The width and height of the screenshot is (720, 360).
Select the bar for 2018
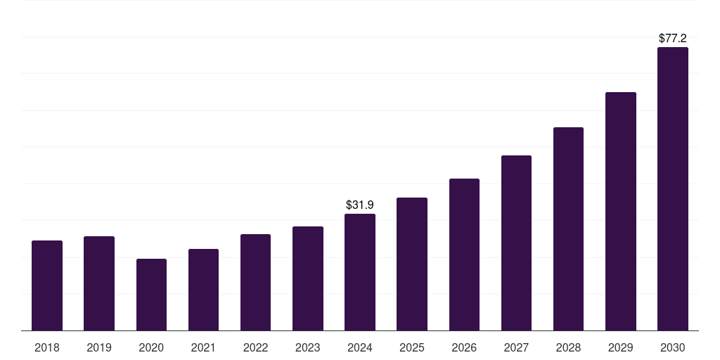[x=47, y=285]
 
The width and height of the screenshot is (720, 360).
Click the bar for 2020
[x=151, y=295]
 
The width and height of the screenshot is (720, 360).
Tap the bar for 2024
[x=360, y=272]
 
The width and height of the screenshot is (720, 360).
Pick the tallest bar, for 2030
[x=673, y=189]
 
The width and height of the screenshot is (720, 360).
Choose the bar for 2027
[x=516, y=243]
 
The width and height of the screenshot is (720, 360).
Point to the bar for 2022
[x=255, y=282]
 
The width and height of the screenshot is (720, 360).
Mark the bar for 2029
[x=621, y=211]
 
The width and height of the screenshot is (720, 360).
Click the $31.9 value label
[x=360, y=205]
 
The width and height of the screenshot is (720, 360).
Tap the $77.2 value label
[x=673, y=39]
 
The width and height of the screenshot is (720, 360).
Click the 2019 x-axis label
[x=99, y=347]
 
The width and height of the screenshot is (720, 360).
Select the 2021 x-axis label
[x=203, y=347]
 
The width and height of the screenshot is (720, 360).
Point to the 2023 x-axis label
[x=308, y=347]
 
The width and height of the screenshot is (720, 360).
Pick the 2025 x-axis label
[x=412, y=347]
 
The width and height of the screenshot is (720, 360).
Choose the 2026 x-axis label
[x=464, y=347]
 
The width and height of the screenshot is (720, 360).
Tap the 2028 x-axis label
[x=568, y=347]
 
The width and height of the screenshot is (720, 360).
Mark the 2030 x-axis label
[x=673, y=347]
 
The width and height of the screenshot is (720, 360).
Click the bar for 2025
[x=412, y=264]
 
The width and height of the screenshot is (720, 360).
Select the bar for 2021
[x=203, y=290]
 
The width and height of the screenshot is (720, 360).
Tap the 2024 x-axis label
[x=360, y=347]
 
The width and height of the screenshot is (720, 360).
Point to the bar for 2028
[x=568, y=229]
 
